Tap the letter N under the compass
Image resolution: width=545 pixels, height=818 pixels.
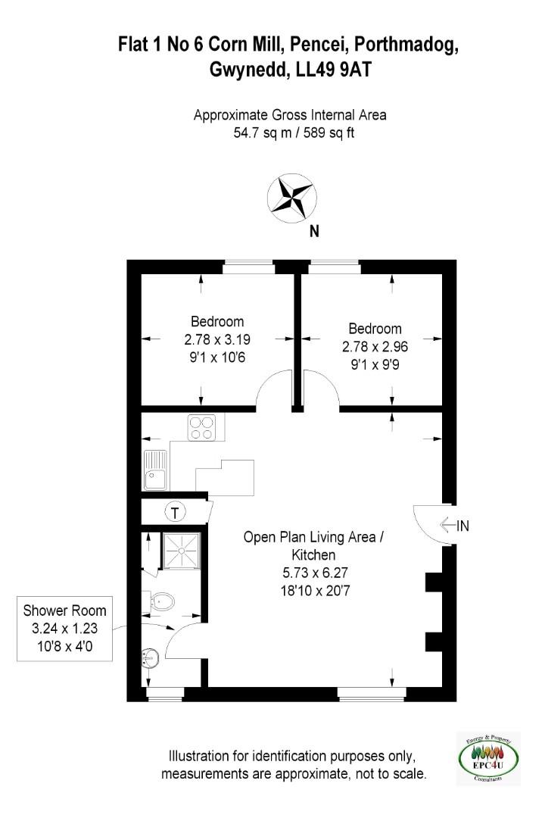tap(314, 231)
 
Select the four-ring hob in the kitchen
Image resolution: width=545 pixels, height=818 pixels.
tap(201, 428)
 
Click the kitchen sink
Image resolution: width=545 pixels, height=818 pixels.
tap(155, 470)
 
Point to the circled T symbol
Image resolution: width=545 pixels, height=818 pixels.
tap(176, 512)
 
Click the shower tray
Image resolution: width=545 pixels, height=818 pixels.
tap(182, 550)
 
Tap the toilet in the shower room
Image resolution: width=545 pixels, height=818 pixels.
tap(161, 603)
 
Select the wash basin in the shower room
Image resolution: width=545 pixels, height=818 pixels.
tap(148, 658)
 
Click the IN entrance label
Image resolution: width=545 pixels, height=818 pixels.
tap(462, 526)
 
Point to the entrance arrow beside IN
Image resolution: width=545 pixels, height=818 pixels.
tap(448, 524)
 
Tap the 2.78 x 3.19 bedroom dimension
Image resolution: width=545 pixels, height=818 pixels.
tap(217, 339)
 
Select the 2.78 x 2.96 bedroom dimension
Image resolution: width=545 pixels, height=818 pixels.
tap(375, 347)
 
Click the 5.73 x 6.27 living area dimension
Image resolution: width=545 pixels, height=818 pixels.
tap(315, 573)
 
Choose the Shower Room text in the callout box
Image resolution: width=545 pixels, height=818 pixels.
tap(64, 611)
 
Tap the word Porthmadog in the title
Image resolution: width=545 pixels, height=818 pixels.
tap(406, 45)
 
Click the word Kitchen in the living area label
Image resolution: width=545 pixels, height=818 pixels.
tap(313, 554)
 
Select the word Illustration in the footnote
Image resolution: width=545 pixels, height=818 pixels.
tap(199, 756)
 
